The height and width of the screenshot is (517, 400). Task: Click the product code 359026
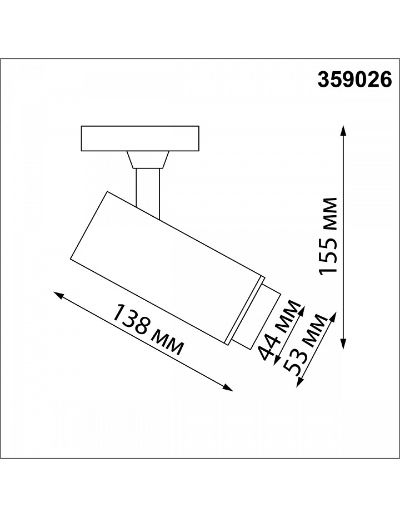[354, 80]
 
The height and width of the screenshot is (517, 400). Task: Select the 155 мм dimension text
[328, 236]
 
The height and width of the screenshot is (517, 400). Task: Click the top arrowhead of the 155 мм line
[344, 129]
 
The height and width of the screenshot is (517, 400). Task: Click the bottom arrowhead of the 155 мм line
[344, 344]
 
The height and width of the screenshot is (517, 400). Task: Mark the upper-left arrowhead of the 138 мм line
[58, 295]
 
